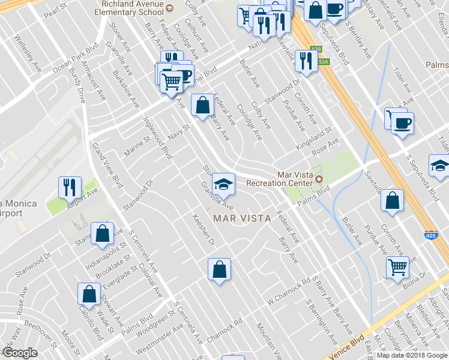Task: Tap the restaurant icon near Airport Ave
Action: (x=70, y=188)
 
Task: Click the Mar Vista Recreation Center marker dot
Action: (x=319, y=179)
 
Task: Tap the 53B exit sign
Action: (x=316, y=49)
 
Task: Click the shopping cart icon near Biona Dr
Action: (x=397, y=267)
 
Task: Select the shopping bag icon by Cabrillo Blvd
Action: (x=89, y=294)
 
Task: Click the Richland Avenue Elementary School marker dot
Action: (x=170, y=8)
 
